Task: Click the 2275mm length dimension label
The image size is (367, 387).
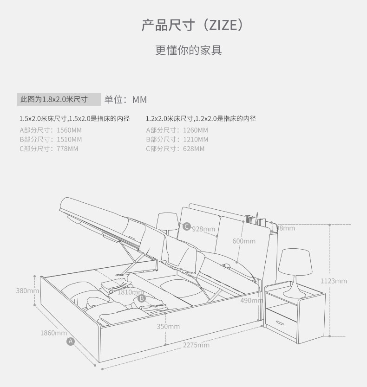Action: (196, 345)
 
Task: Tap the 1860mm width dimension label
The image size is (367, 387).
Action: (53, 333)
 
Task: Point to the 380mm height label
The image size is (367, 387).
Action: (27, 290)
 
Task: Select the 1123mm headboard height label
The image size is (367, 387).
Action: (334, 281)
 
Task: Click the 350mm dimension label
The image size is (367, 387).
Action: (168, 326)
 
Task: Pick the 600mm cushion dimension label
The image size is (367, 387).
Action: (244, 241)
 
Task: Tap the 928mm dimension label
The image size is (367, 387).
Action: (203, 229)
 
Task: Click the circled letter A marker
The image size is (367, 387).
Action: (71, 342)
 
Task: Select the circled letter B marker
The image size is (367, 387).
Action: (142, 299)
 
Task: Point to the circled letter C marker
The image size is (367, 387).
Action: (187, 226)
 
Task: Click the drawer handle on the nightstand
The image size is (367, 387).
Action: (280, 323)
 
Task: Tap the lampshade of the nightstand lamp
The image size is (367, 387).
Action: (295, 262)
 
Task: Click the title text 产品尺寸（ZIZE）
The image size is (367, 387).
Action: (192, 25)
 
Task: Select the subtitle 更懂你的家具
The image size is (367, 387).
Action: (188, 51)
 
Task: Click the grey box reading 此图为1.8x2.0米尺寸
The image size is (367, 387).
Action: (59, 99)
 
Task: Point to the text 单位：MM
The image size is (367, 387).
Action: (125, 99)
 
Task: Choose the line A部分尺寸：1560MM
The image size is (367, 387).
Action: (51, 130)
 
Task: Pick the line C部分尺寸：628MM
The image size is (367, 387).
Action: (175, 148)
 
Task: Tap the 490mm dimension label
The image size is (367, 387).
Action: (252, 300)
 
